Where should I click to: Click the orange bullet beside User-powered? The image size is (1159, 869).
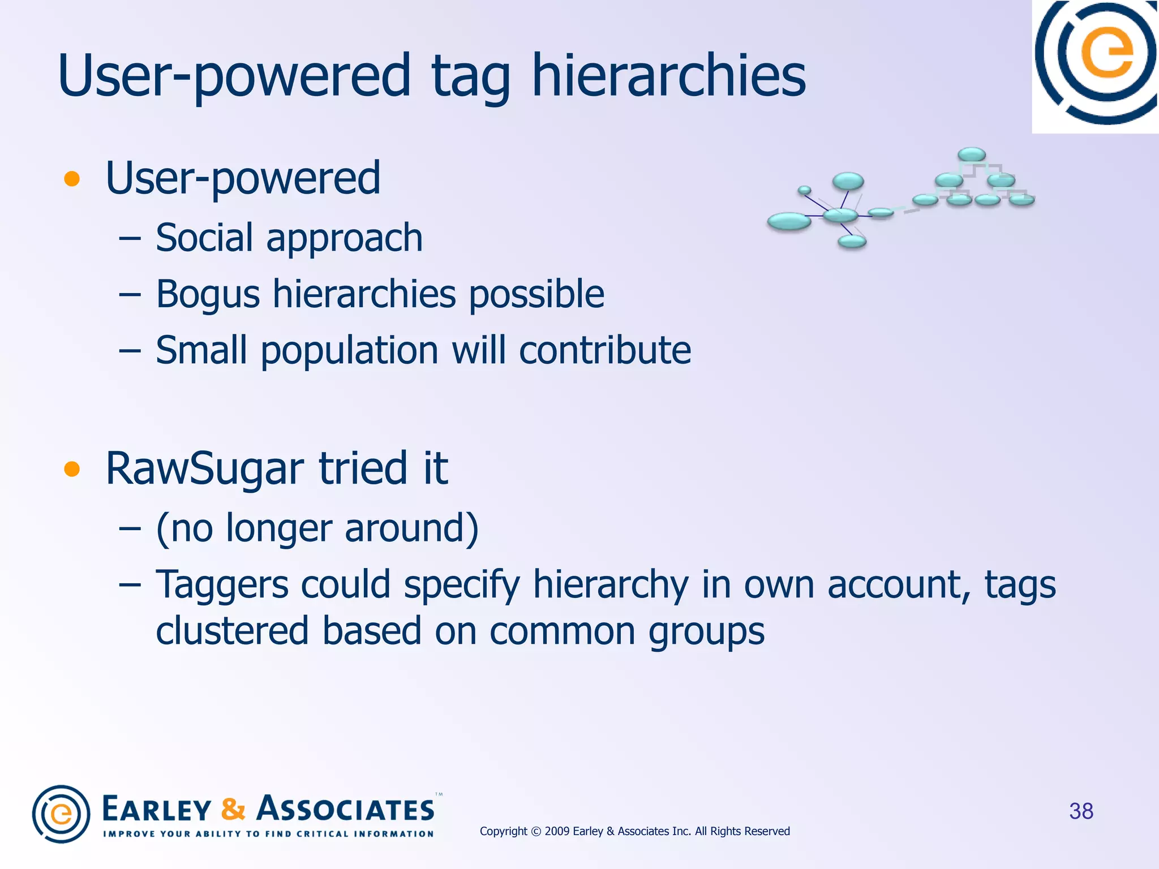coord(72,179)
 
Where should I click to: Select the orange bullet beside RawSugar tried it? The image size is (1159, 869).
coord(72,469)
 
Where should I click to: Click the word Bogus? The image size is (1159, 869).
coord(208,295)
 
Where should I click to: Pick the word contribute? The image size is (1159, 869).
coord(605,350)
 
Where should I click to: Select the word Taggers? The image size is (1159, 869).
coord(222,585)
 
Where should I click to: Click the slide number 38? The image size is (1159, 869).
coord(1081,811)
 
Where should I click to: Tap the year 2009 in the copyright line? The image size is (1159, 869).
coord(557,831)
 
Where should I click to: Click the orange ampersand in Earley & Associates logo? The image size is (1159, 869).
coord(233,809)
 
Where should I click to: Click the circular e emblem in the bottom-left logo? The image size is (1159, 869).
coord(61,814)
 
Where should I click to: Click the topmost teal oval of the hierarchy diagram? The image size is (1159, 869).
coord(972,154)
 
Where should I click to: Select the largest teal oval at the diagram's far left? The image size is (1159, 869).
coord(789,221)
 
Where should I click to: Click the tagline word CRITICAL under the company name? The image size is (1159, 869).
coord(323,834)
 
